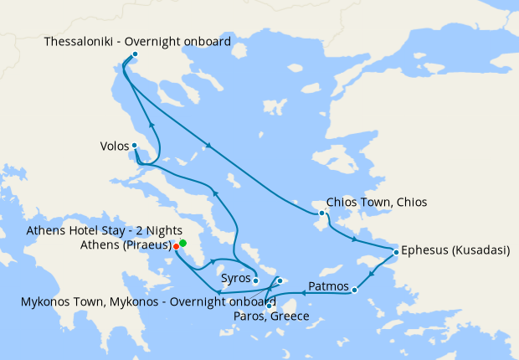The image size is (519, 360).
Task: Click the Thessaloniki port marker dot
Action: coord(135,54)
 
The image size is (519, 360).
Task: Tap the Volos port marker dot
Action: coord(135,146)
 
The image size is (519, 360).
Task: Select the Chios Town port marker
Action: coord(321,213)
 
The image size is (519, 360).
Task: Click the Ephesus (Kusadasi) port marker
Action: coord(396,250)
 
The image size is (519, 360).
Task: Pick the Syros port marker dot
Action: coord(256,280)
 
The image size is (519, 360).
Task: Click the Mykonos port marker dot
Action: coord(280,280)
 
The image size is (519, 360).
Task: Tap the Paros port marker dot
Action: coord(270,306)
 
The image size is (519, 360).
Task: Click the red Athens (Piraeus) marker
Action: coord(176,246)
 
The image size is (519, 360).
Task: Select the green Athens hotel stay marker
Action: coord(182,243)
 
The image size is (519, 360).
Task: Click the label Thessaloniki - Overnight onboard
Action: coord(137,41)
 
